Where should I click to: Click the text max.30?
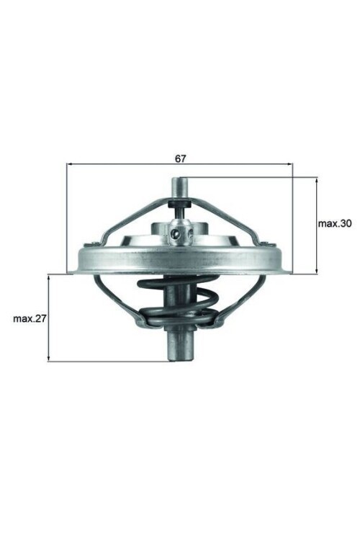(x=335, y=224)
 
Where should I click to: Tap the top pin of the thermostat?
(x=179, y=188)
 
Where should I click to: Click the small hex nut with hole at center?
(x=179, y=233)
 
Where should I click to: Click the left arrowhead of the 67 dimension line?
(x=69, y=165)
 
